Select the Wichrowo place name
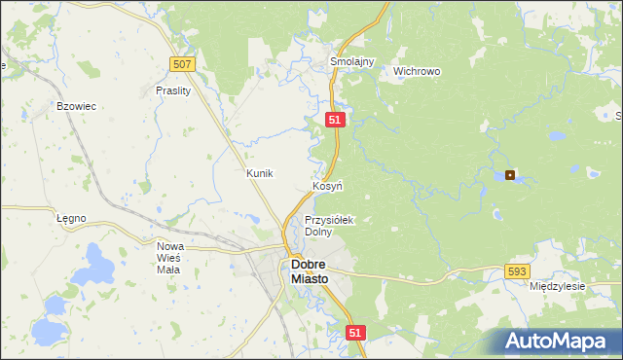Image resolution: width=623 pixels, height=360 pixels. [417, 71]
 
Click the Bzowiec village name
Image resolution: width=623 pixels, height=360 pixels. [76, 106]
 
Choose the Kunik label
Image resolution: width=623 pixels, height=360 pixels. [260, 173]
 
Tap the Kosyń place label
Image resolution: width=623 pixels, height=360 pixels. [326, 185]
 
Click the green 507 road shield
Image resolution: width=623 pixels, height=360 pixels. [182, 64]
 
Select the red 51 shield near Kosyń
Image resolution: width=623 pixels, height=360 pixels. [335, 119]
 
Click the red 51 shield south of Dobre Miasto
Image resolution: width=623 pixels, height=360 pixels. [355, 333]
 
